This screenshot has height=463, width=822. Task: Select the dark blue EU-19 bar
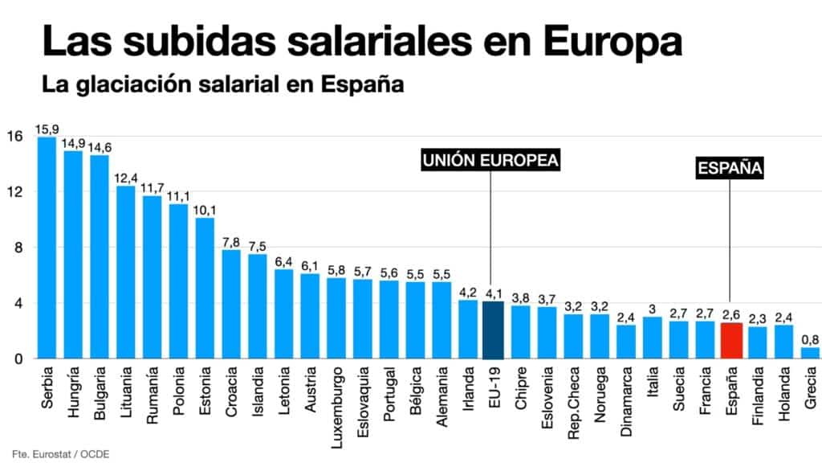pos(494,330)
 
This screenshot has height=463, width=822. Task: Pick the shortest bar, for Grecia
pos(809,353)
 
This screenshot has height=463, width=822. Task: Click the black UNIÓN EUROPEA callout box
pos(490,161)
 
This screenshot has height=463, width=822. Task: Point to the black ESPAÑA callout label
pos(730,169)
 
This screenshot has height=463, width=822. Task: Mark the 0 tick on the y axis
pos(16,359)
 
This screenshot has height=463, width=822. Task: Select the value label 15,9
pos(46,129)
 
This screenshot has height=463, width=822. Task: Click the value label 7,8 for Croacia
pos(230,242)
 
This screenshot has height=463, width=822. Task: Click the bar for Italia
pos(652,338)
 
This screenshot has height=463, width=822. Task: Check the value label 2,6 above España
pos(730,315)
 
